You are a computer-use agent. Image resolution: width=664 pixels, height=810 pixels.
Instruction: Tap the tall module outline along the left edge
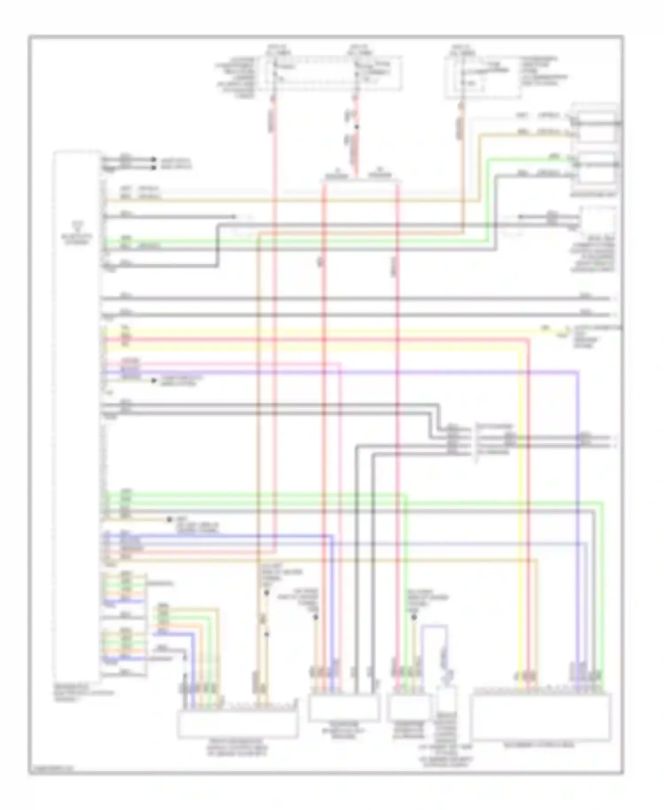click(x=77, y=412)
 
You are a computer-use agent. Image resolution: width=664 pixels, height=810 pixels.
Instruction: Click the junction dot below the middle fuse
click(x=357, y=128)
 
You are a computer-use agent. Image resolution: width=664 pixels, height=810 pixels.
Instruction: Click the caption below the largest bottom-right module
click(x=541, y=746)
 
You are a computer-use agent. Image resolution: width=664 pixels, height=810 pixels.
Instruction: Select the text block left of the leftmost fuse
click(x=237, y=78)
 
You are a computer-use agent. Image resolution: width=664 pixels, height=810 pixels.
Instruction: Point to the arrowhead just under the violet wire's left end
click(x=153, y=381)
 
